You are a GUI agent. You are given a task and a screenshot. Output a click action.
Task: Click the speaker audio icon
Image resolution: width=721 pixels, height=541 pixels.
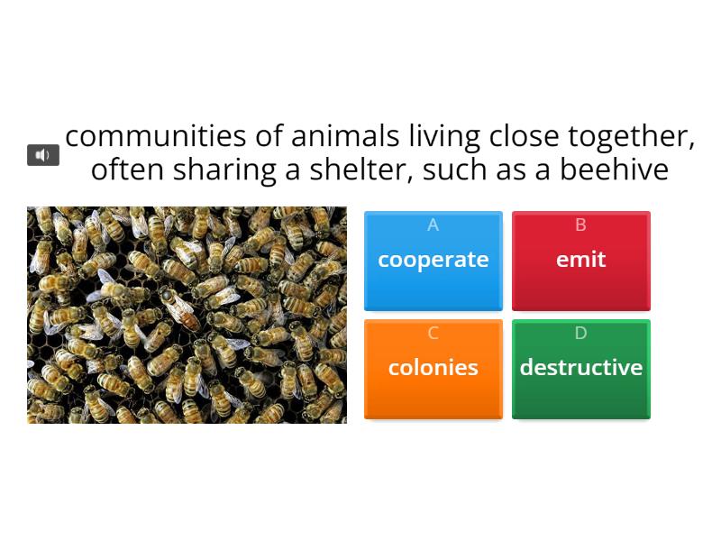(x=42, y=155)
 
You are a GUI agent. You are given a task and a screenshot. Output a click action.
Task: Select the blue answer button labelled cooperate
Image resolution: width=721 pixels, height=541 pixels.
(x=433, y=261)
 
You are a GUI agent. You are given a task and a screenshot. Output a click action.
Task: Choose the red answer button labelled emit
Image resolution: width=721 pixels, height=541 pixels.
(x=580, y=261)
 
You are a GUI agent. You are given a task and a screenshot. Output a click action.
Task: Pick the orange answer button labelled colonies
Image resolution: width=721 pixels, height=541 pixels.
(x=433, y=368)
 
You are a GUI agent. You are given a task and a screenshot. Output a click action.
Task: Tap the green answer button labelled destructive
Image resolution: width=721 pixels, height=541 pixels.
(x=580, y=368)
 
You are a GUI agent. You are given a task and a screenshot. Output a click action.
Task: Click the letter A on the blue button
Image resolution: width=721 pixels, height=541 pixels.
(x=433, y=225)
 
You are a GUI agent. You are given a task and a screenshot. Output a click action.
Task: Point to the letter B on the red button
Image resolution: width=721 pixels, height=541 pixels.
(x=580, y=225)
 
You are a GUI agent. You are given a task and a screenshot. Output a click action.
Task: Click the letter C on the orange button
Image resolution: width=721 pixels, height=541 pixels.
(x=433, y=334)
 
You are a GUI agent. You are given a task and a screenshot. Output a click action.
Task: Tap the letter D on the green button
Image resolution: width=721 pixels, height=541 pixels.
(x=580, y=334)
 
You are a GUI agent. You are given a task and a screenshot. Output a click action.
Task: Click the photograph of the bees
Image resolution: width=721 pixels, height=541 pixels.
(x=187, y=315)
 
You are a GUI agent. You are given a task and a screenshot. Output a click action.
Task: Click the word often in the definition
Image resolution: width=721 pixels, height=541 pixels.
(x=127, y=170)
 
